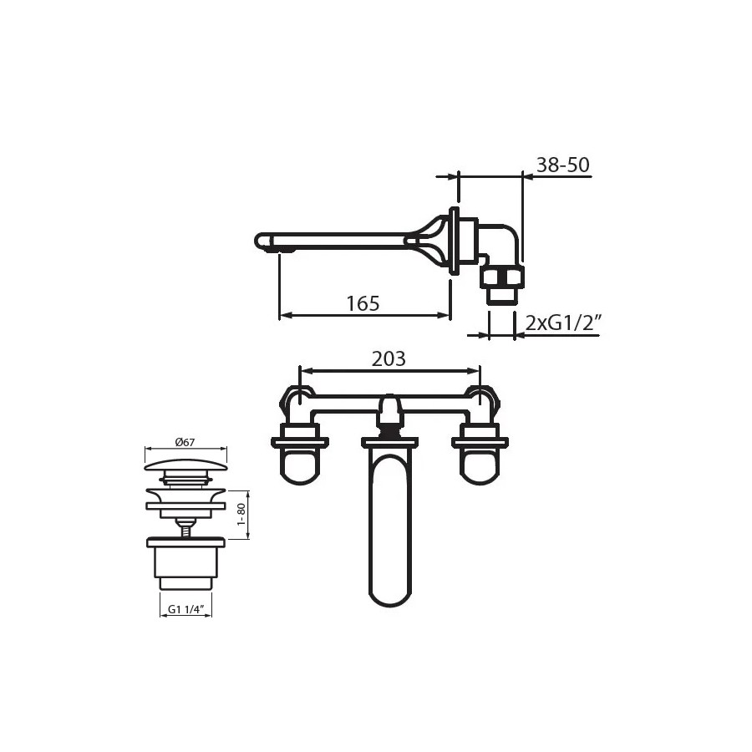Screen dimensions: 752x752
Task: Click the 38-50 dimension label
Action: [x=562, y=165]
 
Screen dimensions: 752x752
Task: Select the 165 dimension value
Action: [x=363, y=303]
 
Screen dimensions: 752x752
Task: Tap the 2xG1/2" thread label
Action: [x=563, y=323]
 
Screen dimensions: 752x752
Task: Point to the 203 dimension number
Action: [x=389, y=358]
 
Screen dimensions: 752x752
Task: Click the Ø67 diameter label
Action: [x=185, y=442]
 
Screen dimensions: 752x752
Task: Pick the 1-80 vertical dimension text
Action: [x=241, y=514]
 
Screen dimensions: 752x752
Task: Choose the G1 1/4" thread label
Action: [x=186, y=609]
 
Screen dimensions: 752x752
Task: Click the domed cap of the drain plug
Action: [x=185, y=465]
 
